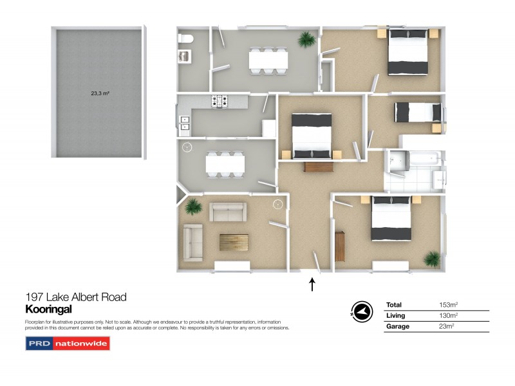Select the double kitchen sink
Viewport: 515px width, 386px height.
pyautogui.click(x=184, y=122)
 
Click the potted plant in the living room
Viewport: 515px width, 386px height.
pyautogui.click(x=192, y=207)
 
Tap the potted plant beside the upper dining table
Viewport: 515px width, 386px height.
pyautogui.click(x=304, y=40)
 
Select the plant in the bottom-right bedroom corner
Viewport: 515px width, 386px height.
pyautogui.click(x=431, y=259)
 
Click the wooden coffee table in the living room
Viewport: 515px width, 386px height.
pyautogui.click(x=232, y=242)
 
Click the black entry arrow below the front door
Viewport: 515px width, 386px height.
pyautogui.click(x=313, y=284)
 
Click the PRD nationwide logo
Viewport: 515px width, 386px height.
pyautogui.click(x=68, y=344)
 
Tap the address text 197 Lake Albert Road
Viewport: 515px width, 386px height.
pyautogui.click(x=76, y=297)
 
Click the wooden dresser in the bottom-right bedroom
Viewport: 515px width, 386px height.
pyautogui.click(x=339, y=245)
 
